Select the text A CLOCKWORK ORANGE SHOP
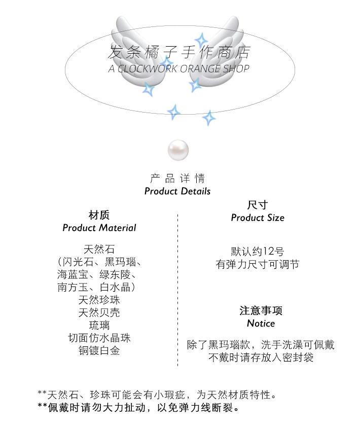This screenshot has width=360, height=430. point(179,68)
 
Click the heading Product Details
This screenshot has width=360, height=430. point(177,191)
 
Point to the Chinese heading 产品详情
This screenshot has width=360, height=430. point(177,178)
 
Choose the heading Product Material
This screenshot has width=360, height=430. point(99,228)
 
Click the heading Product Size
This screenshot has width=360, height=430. point(257,218)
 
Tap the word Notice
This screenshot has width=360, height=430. point(261,323)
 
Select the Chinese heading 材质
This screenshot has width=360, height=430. point(99,214)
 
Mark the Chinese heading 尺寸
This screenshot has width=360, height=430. point(257,205)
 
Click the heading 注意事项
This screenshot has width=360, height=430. point(261,310)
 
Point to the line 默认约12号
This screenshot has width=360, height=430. point(257,251)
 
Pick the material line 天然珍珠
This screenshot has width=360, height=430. point(99,300)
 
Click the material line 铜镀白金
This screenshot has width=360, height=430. point(99,350)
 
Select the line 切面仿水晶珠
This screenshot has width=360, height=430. point(99,337)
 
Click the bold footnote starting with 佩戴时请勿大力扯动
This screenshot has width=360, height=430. point(138,407)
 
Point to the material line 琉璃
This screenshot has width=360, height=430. point(99,325)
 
